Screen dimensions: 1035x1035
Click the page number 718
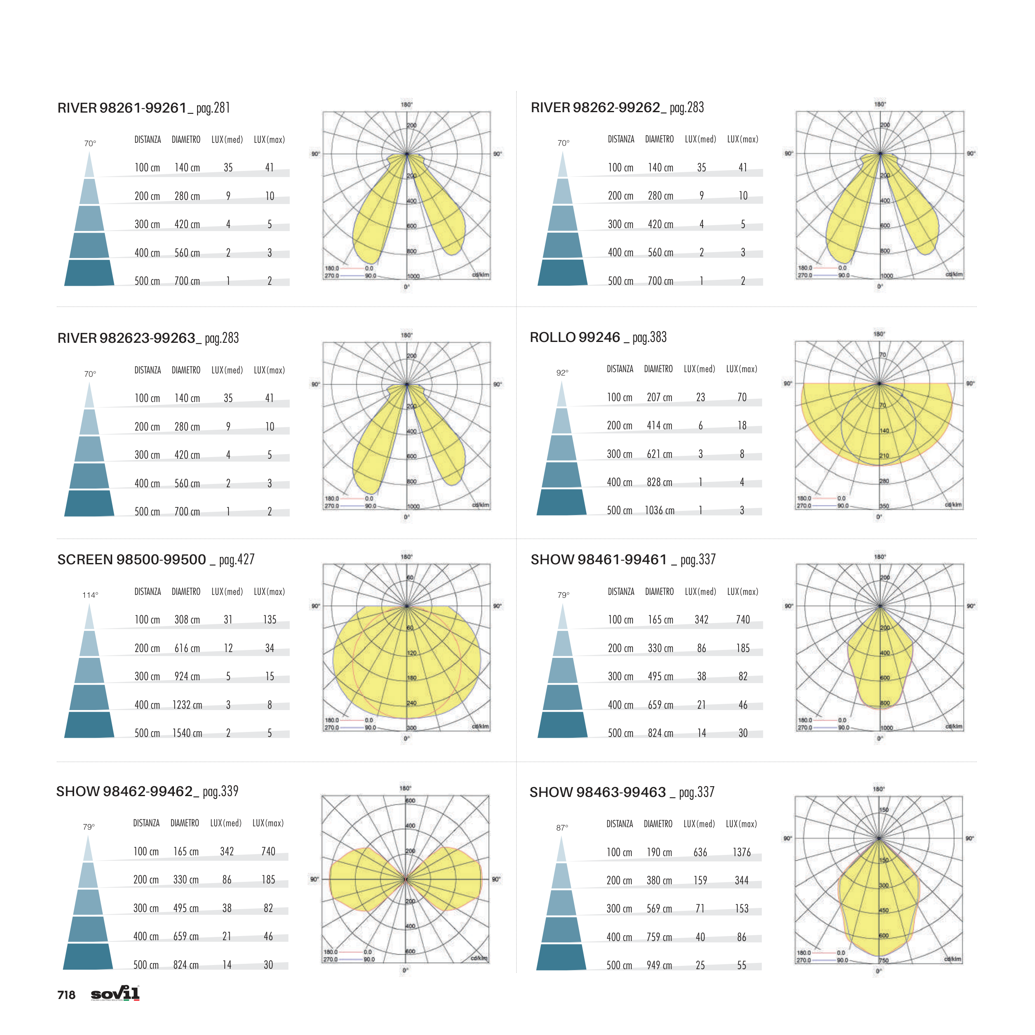[66, 995]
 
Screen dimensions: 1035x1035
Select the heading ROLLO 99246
[574, 337]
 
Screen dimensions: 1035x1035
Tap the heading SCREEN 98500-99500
[131, 560]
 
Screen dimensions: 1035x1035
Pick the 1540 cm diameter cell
[187, 733]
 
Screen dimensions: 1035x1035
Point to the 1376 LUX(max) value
[741, 852]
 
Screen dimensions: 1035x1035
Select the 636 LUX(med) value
[700, 852]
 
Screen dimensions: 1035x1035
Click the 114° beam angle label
[90, 595]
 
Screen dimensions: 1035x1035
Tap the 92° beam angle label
[562, 373]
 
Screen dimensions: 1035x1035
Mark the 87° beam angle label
[562, 828]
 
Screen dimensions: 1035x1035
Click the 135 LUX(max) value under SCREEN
[270, 620]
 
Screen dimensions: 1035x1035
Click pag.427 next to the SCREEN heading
[237, 560]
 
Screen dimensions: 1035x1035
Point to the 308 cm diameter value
[187, 620]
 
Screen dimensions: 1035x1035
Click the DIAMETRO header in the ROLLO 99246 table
[658, 369]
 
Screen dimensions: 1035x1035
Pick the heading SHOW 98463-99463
[597, 792]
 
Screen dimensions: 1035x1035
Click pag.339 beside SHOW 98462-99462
[220, 792]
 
